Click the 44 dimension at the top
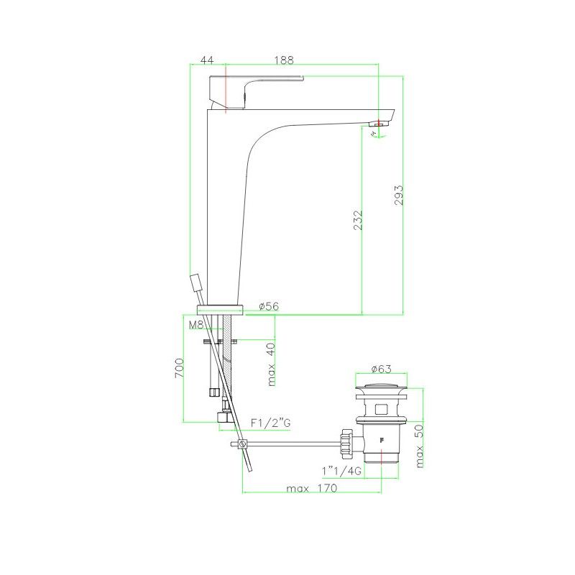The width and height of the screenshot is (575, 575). coord(207,60)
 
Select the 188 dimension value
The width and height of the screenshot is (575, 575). coord(284,60)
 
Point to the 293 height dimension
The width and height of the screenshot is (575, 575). coord(399,195)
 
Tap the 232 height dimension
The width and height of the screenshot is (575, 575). coord(358,220)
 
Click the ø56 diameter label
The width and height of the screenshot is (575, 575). coord(269,306)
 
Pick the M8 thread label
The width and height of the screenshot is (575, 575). coord(195,325)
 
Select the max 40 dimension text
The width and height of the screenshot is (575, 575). coord(271,364)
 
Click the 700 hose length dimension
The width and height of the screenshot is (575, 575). coord(179,368)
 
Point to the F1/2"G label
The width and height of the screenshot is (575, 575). coord(271,423)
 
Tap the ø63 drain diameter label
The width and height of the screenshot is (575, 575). coord(382,369)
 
